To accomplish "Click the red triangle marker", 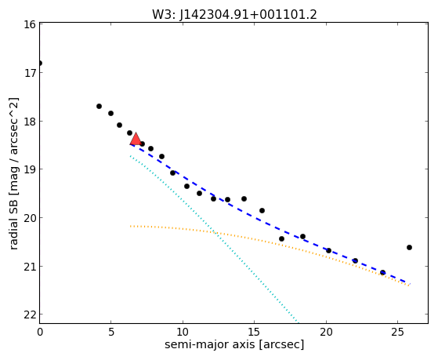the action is (x=136, y=139).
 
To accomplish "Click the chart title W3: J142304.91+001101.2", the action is (x=234, y=15).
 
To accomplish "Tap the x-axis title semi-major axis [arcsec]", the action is (x=234, y=344).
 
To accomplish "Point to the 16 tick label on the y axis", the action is (x=30, y=24).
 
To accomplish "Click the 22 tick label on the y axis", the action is (x=30, y=315).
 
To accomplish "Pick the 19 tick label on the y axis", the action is (x=30, y=169).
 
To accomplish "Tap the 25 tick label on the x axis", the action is (x=397, y=333).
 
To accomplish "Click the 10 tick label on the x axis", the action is (x=183, y=333).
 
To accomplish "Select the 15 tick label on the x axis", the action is (x=254, y=333).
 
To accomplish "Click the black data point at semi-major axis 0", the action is (x=40, y=63).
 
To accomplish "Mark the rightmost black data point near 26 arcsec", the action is (x=409, y=247).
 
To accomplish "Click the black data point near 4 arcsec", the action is (x=99, y=107).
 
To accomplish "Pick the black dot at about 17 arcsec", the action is (x=281, y=239).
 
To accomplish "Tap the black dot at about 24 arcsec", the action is (x=382, y=272).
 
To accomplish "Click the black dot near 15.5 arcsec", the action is (x=262, y=210).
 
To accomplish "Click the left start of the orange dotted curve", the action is (x=130, y=226).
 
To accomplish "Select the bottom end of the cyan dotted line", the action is (x=299, y=322).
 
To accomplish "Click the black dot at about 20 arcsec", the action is (x=329, y=251).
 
